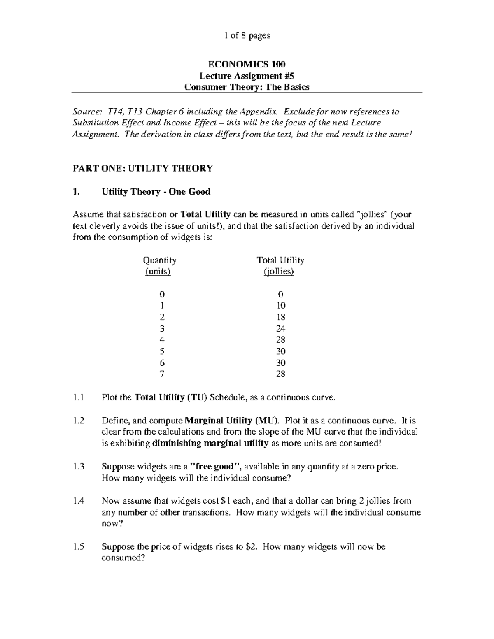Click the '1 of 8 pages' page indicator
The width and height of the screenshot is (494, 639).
247,36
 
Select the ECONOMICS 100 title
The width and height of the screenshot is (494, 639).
247,64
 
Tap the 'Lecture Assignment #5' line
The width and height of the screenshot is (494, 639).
247,76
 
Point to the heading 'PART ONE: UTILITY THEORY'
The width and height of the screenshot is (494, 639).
143,168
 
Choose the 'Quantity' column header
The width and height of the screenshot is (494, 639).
159,260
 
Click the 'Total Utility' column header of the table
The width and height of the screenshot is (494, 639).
280,260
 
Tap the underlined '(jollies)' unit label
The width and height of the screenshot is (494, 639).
279,272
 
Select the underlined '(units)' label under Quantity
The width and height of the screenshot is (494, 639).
158,272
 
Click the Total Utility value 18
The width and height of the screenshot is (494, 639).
281,317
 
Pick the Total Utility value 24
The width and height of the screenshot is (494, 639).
281,329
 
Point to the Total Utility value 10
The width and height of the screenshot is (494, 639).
281,306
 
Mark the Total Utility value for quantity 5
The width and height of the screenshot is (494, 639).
281,351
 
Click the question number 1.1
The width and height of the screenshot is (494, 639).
78,397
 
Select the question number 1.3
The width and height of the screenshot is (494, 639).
78,467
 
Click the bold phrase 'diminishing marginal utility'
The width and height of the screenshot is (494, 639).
210,444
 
